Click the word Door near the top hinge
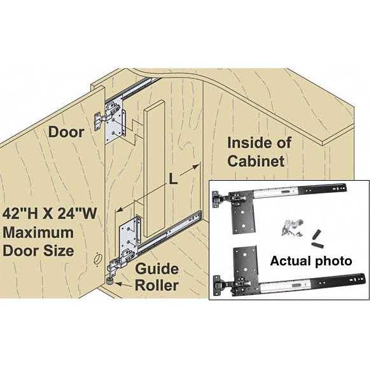point(66,132)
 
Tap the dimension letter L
point(173,179)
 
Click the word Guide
point(157,269)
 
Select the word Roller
point(157,285)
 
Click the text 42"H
point(23,214)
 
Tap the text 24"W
point(77,214)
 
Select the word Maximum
point(38,232)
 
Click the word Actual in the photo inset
point(290,261)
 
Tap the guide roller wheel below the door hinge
point(109,281)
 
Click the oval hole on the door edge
point(97,258)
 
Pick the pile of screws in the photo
point(292,228)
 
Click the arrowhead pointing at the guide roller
point(118,283)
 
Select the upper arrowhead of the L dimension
point(196,167)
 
